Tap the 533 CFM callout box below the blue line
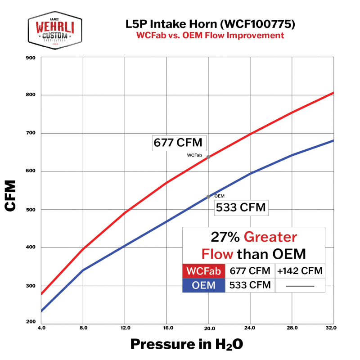[241, 208]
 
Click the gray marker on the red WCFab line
[208, 157]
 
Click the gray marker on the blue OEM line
[208, 197]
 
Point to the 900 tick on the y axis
[31, 58]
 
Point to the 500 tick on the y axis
[31, 210]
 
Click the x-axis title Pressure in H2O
[187, 345]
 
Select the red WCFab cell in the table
[204, 271]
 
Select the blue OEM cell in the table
[204, 285]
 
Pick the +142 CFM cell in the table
[299, 271]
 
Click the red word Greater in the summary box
[270, 237]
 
